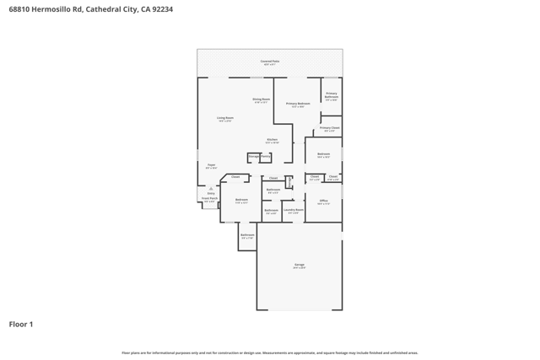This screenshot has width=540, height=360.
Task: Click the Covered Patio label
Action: pyautogui.click(x=270, y=62)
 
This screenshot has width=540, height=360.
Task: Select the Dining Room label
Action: pyautogui.click(x=262, y=99)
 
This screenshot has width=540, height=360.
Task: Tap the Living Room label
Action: pyautogui.click(x=225, y=119)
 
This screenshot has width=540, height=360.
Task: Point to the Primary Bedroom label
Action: pyautogui.click(x=298, y=105)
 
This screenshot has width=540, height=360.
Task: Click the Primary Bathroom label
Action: pyautogui.click(x=332, y=95)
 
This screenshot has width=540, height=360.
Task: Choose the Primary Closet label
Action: pyautogui.click(x=330, y=129)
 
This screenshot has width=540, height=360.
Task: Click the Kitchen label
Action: pyautogui.click(x=272, y=141)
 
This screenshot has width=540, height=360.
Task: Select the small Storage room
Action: pyautogui.click(x=253, y=157)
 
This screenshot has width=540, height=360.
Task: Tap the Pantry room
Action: pyautogui.click(x=266, y=157)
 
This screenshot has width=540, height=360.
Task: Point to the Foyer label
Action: pyautogui.click(x=211, y=166)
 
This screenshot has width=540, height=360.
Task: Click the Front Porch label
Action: pyautogui.click(x=209, y=200)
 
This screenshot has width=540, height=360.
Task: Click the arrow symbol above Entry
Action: pyautogui.click(x=211, y=188)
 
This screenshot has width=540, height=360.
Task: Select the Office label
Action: pyautogui.click(x=323, y=201)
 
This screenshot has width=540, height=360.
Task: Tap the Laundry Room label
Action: pyautogui.click(x=294, y=211)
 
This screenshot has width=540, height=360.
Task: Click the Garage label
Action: pyautogui.click(x=300, y=266)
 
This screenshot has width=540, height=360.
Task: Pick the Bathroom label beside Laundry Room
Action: pyautogui.click(x=271, y=212)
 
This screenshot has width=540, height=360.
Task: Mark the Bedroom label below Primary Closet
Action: pyautogui.click(x=323, y=155)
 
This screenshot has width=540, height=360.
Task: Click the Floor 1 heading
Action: pyautogui.click(x=21, y=324)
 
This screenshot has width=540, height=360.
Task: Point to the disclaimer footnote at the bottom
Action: pyautogui.click(x=270, y=352)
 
